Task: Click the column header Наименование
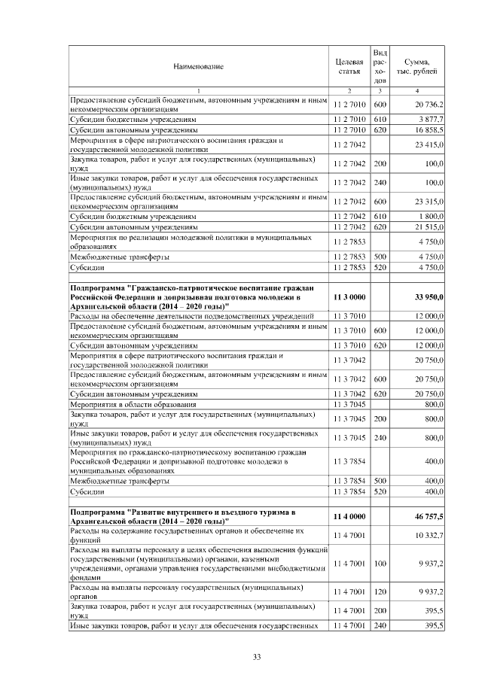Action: tap(198, 67)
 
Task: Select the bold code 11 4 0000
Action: tap(349, 517)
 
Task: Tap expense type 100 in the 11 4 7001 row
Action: tap(380, 563)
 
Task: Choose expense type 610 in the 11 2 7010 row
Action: tap(380, 119)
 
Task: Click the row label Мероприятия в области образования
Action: tap(128, 404)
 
